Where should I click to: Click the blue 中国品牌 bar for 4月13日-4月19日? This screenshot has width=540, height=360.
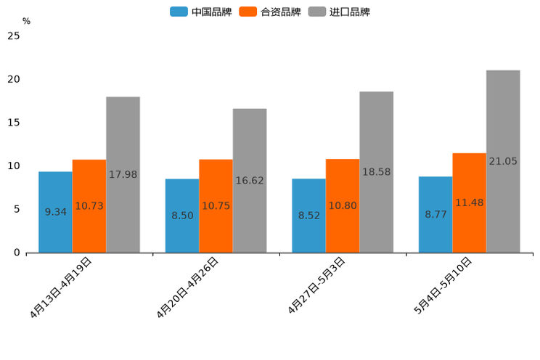(55, 192)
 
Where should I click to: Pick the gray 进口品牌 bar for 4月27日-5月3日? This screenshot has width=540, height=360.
(376, 131)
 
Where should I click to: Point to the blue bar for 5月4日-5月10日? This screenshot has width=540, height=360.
(435, 196)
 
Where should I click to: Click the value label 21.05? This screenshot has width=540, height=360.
(503, 161)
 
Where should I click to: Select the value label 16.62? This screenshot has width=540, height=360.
(250, 180)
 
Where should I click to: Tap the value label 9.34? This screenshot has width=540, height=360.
(56, 212)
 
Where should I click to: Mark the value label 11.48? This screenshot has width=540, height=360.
(470, 202)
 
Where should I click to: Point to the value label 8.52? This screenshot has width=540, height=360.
(309, 216)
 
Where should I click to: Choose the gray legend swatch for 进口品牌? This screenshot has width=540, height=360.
(317, 12)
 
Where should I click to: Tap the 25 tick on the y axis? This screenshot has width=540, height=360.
(13, 36)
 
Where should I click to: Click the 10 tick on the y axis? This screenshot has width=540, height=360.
(13, 166)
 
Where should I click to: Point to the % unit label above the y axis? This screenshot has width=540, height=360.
(26, 22)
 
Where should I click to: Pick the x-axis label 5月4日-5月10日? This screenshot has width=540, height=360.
(443, 285)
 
